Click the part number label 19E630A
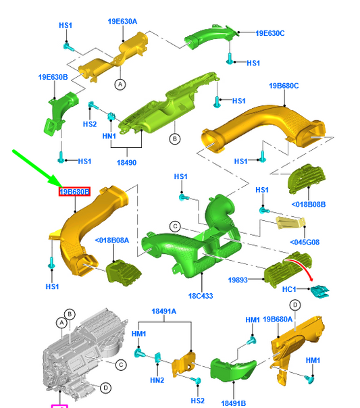[123, 22]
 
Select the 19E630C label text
[269, 32]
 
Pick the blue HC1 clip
[319, 291]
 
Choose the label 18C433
[201, 296]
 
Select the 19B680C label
[284, 86]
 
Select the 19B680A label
[278, 320]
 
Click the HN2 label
[157, 380]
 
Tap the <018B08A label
[111, 240]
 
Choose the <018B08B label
[309, 204]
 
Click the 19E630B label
[53, 78]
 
